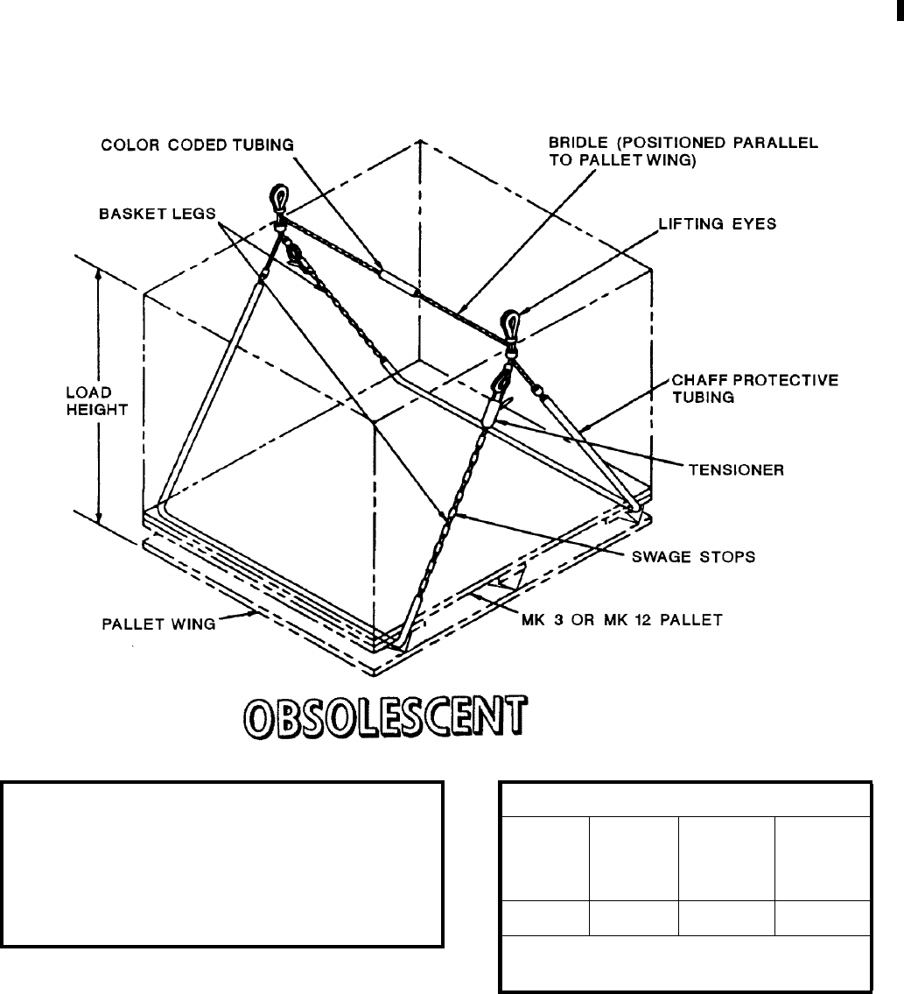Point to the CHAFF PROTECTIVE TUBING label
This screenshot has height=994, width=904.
755,387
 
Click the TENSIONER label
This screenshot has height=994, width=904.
737,470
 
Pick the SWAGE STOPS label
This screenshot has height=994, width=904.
694,556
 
